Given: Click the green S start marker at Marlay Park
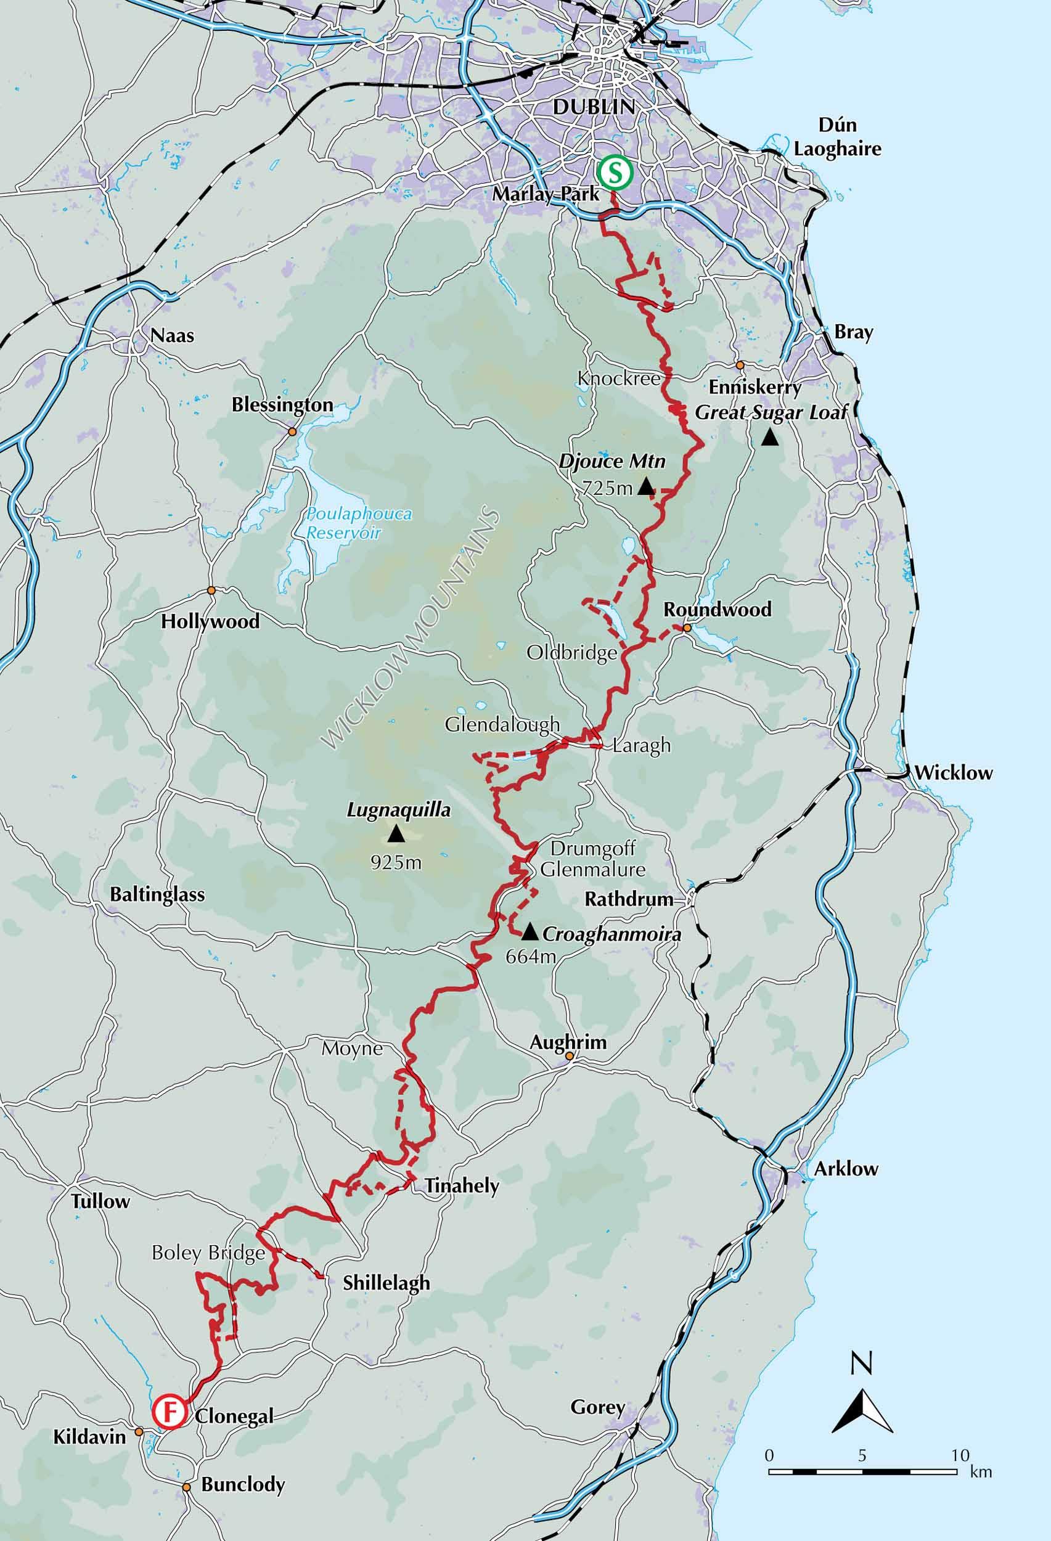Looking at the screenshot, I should [614, 173].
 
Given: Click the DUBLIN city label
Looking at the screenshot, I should [594, 106].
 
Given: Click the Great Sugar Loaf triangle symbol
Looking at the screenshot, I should [769, 438].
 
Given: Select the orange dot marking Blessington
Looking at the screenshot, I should [291, 432].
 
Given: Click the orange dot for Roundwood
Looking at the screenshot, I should [687, 627].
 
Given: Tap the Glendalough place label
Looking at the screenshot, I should [502, 724].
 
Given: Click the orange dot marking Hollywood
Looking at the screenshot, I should [211, 590].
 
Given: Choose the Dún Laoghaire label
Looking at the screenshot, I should [838, 137].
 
